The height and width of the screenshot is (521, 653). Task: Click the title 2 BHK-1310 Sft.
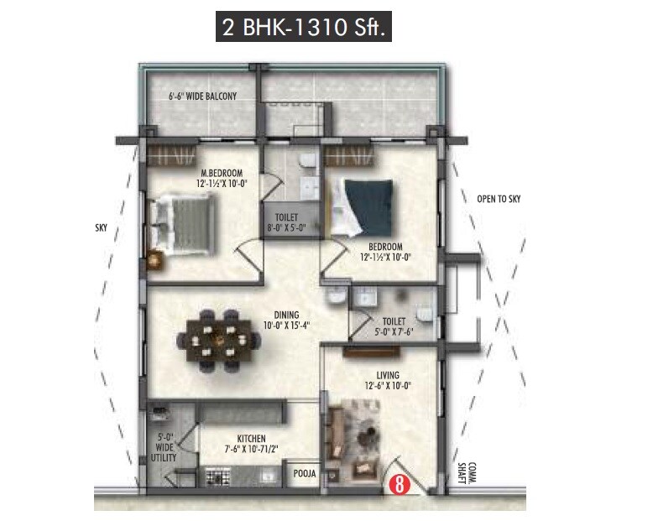pyautogui.click(x=303, y=28)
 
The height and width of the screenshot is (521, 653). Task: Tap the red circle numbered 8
pyautogui.click(x=399, y=484)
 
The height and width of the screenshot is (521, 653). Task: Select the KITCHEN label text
pyautogui.click(x=251, y=439)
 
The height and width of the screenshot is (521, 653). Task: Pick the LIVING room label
pyautogui.click(x=388, y=375)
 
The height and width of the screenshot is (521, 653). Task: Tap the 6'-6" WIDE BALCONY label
pyautogui.click(x=202, y=96)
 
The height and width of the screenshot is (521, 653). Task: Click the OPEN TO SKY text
pyautogui.click(x=498, y=199)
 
